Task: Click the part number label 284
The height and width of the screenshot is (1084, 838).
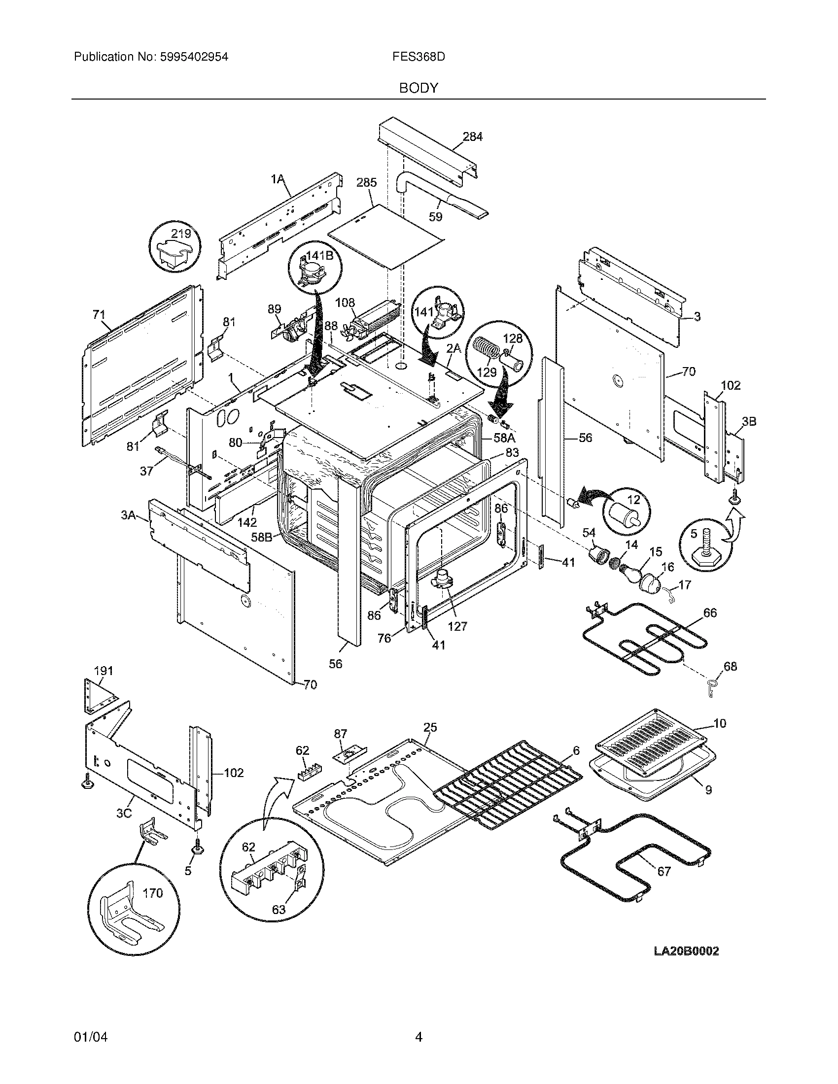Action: pyautogui.click(x=472, y=136)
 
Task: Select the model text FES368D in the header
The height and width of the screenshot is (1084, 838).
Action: pyautogui.click(x=418, y=57)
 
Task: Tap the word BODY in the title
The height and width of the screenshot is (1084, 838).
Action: pyautogui.click(x=419, y=88)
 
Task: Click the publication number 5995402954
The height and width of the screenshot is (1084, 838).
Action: pyautogui.click(x=194, y=57)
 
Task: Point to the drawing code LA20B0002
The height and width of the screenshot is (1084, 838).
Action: pyautogui.click(x=686, y=951)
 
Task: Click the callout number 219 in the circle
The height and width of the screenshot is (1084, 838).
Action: pyautogui.click(x=181, y=233)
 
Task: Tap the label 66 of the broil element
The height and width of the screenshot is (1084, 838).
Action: pyautogui.click(x=710, y=613)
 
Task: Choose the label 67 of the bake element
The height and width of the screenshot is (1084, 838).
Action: pyautogui.click(x=664, y=871)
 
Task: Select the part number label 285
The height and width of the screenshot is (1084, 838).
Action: pyautogui.click(x=366, y=183)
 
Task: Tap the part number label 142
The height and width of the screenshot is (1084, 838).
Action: pyautogui.click(x=247, y=522)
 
